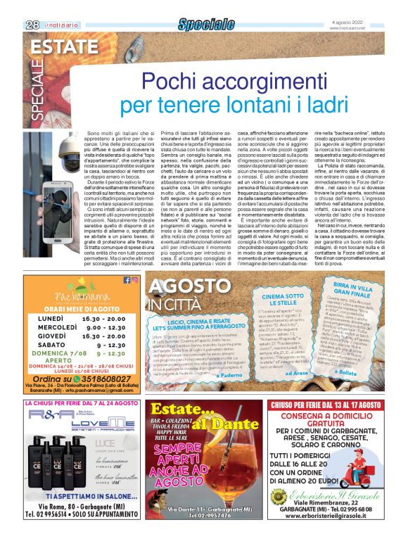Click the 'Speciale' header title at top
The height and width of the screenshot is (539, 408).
tap(205, 25)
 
